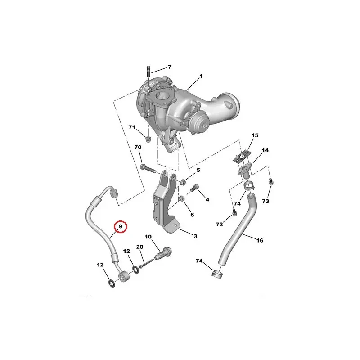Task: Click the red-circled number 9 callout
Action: (x=121, y=227)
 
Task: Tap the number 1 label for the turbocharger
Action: (x=201, y=76)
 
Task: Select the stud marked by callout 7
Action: (x=148, y=72)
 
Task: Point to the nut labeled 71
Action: (x=148, y=139)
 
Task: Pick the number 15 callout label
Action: (x=255, y=135)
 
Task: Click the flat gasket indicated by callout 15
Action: (x=241, y=157)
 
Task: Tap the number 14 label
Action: (x=265, y=150)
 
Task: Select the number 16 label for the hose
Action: (x=260, y=240)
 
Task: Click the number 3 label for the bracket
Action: (x=195, y=236)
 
